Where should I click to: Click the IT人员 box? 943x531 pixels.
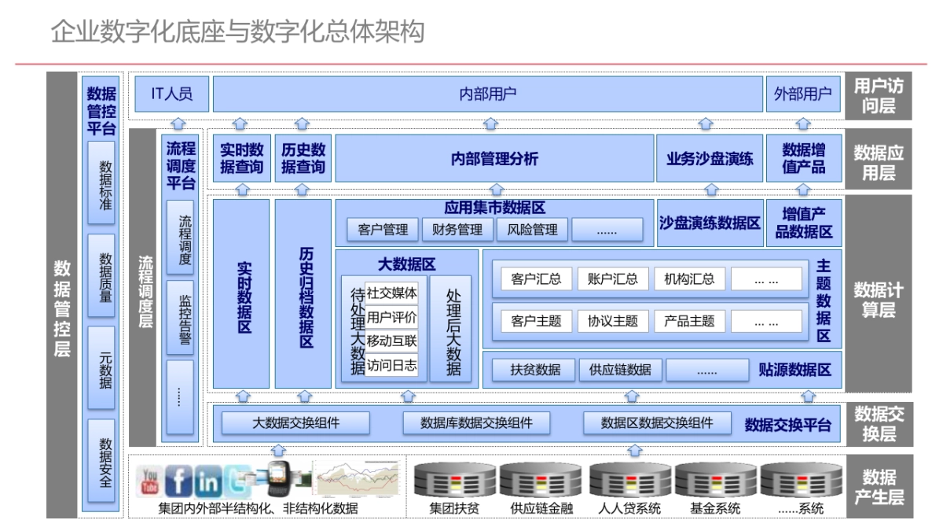(171, 95)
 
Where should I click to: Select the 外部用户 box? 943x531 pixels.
(802, 95)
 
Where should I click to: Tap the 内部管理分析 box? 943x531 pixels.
(494, 159)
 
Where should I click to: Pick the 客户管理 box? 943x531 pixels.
(383, 230)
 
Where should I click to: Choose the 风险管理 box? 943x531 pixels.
(533, 230)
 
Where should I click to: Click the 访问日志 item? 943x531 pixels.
(391, 366)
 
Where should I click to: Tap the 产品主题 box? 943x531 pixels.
(689, 321)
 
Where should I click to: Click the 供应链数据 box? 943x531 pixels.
(620, 370)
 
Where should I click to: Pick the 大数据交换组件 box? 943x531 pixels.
(295, 422)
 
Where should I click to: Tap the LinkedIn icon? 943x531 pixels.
(207, 481)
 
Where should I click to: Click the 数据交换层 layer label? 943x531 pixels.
(879, 423)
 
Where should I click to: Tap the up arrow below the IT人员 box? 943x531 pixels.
(178, 123)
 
